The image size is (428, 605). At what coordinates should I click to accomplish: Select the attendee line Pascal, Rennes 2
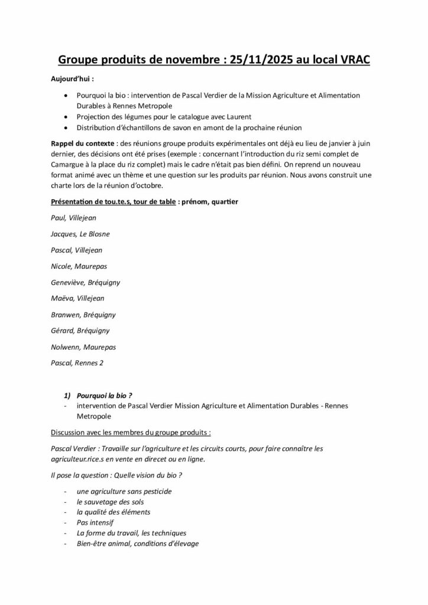coord(77,363)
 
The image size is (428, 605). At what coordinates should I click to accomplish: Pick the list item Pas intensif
coord(95,523)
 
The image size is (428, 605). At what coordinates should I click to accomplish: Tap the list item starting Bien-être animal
coord(138,544)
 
